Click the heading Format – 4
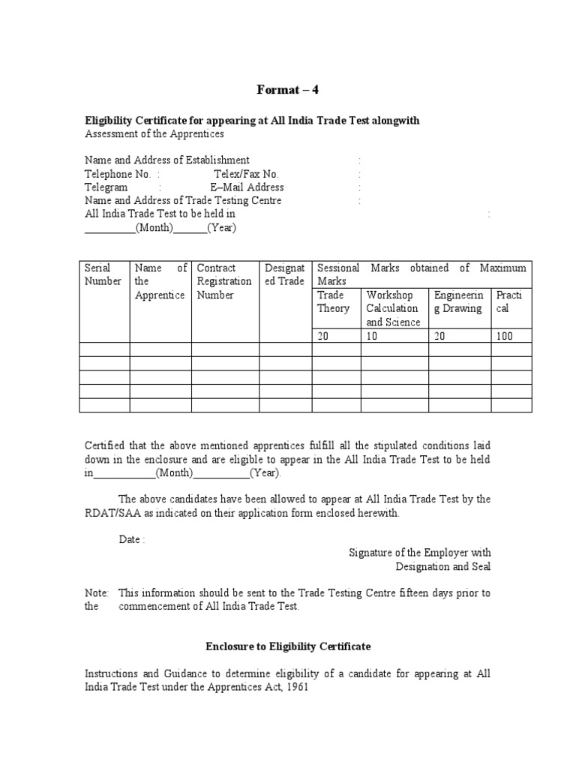288,91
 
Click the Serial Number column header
103,274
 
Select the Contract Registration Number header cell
223,281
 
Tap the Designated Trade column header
284,274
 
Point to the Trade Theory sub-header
334,301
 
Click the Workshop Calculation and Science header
393,308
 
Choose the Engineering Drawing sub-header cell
457,301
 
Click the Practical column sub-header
509,301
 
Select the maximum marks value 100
505,336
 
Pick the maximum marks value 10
372,336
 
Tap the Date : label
131,540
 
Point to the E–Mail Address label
247,187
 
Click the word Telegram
106,187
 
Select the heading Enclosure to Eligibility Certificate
288,646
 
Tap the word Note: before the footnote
97,593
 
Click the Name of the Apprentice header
160,281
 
